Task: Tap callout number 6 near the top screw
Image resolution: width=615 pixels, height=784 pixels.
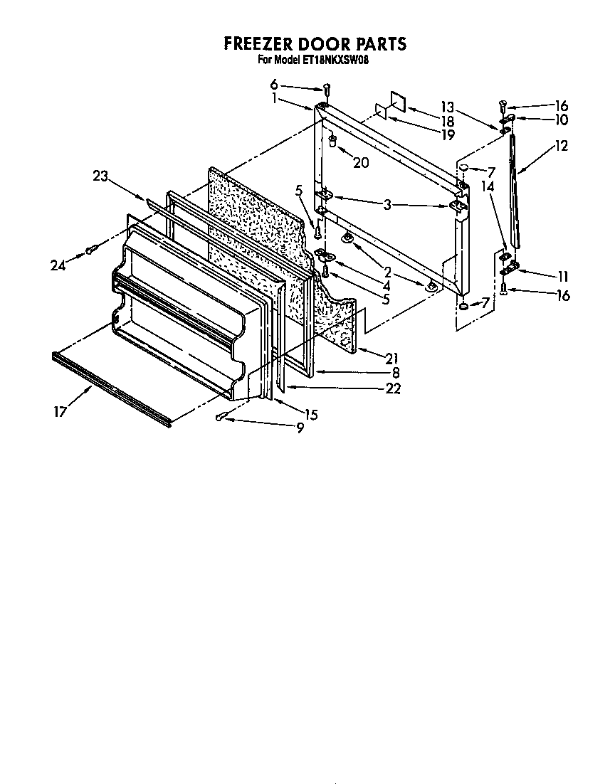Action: point(274,84)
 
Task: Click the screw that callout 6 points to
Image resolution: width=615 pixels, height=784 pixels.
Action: point(327,88)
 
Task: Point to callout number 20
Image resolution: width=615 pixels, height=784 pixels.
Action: point(361,162)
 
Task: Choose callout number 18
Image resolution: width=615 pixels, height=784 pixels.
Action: point(447,122)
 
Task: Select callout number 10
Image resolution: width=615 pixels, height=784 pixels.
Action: point(563,120)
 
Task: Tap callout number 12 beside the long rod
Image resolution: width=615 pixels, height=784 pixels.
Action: point(562,146)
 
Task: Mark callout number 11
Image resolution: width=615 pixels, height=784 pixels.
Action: point(563,275)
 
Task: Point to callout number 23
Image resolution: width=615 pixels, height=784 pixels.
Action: point(100,176)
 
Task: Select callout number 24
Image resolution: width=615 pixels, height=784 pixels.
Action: point(58,265)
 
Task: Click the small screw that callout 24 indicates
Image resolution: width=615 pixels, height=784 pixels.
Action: point(91,250)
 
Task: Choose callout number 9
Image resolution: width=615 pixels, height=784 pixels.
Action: point(300,428)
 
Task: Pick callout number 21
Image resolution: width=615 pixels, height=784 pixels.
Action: point(392,358)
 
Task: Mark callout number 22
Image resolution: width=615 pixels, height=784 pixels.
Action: point(392,388)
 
